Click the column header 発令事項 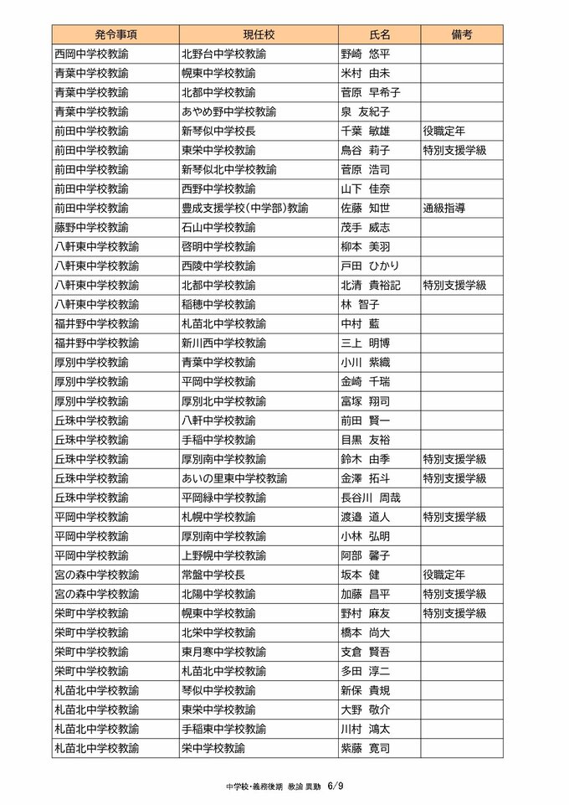coord(115,34)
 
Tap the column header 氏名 coord(379,34)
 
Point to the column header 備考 coord(461,34)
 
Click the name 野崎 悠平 coord(367,54)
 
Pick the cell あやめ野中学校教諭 coord(223,111)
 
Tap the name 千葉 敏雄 coord(367,131)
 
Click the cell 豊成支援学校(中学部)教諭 coord(245,208)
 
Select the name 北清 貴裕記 coord(372,285)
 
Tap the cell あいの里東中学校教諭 coord(234,478)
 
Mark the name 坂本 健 coord(361,575)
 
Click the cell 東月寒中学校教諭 coord(223,652)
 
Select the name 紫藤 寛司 coord(367,748)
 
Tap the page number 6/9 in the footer coord(336,787)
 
